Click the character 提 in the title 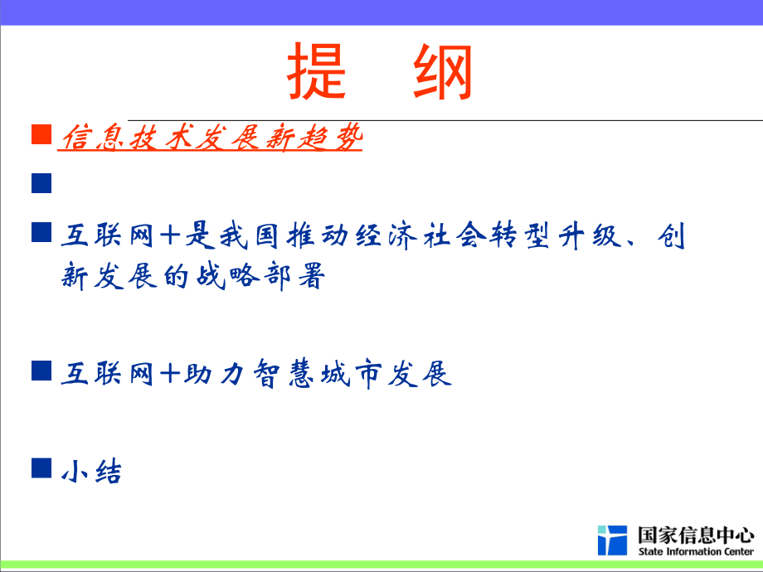318,72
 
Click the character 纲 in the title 443,72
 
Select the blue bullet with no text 41,183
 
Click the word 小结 91,472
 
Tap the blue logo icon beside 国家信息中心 612,540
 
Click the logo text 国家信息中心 696,534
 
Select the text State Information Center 696,551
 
